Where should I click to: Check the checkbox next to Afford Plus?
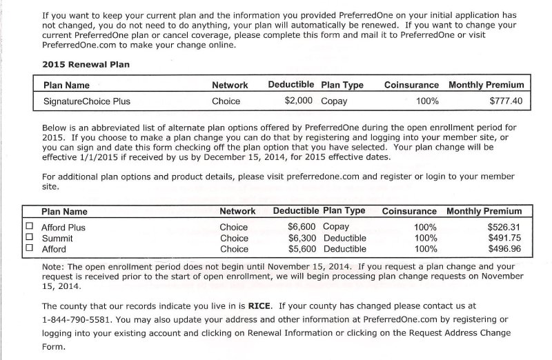coord(29,226)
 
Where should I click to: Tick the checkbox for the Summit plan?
coord(29,237)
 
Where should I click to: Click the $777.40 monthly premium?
coord(506,101)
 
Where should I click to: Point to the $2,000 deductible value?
coord(299,101)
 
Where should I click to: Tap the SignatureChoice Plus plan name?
coord(86,101)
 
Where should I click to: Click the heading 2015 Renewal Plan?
coord(86,64)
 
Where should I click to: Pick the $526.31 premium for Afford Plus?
coord(504,227)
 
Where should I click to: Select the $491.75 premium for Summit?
coord(504,238)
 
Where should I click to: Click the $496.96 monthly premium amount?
coord(504,249)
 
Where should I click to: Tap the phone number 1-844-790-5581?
coord(77,319)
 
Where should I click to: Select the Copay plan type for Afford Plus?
coord(336,227)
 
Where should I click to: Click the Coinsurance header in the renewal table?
coord(411,85)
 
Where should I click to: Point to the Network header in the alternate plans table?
coord(237,211)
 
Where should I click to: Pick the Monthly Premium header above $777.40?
coord(486,85)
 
